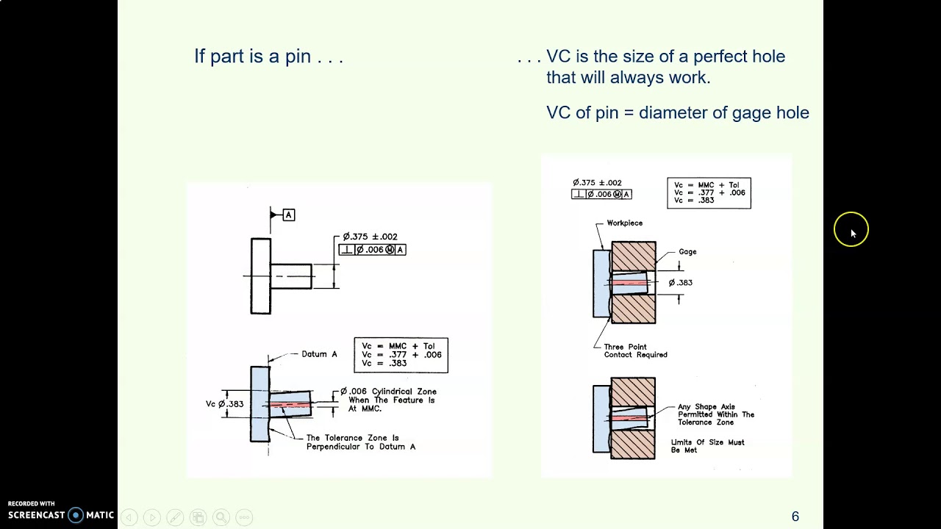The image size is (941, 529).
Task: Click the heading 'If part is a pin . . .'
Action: coord(268,57)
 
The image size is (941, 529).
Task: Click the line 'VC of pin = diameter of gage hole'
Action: coord(677,112)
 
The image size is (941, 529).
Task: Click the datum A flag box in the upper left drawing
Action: coord(289,215)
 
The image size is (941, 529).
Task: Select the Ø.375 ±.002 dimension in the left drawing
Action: coord(371,237)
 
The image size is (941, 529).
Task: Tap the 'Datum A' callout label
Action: coord(319,354)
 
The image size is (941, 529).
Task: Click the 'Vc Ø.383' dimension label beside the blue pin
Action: coord(224,404)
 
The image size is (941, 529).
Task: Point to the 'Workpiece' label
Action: coord(624,223)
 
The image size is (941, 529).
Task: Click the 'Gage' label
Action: coord(687,252)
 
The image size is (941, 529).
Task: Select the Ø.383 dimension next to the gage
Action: coord(680,283)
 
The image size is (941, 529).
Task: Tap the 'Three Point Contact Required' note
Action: coord(635,351)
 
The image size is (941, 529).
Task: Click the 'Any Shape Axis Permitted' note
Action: coord(715,414)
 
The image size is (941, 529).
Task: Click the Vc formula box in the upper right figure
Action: coord(709,192)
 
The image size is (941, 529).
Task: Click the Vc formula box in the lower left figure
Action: coord(401,355)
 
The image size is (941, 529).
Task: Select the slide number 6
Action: coord(795,517)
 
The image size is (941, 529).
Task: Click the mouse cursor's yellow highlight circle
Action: coord(851,230)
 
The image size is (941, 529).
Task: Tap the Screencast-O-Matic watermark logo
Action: coord(60,515)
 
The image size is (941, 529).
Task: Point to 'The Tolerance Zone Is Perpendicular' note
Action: coord(360,442)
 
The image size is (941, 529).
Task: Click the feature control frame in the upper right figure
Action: coord(601,195)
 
